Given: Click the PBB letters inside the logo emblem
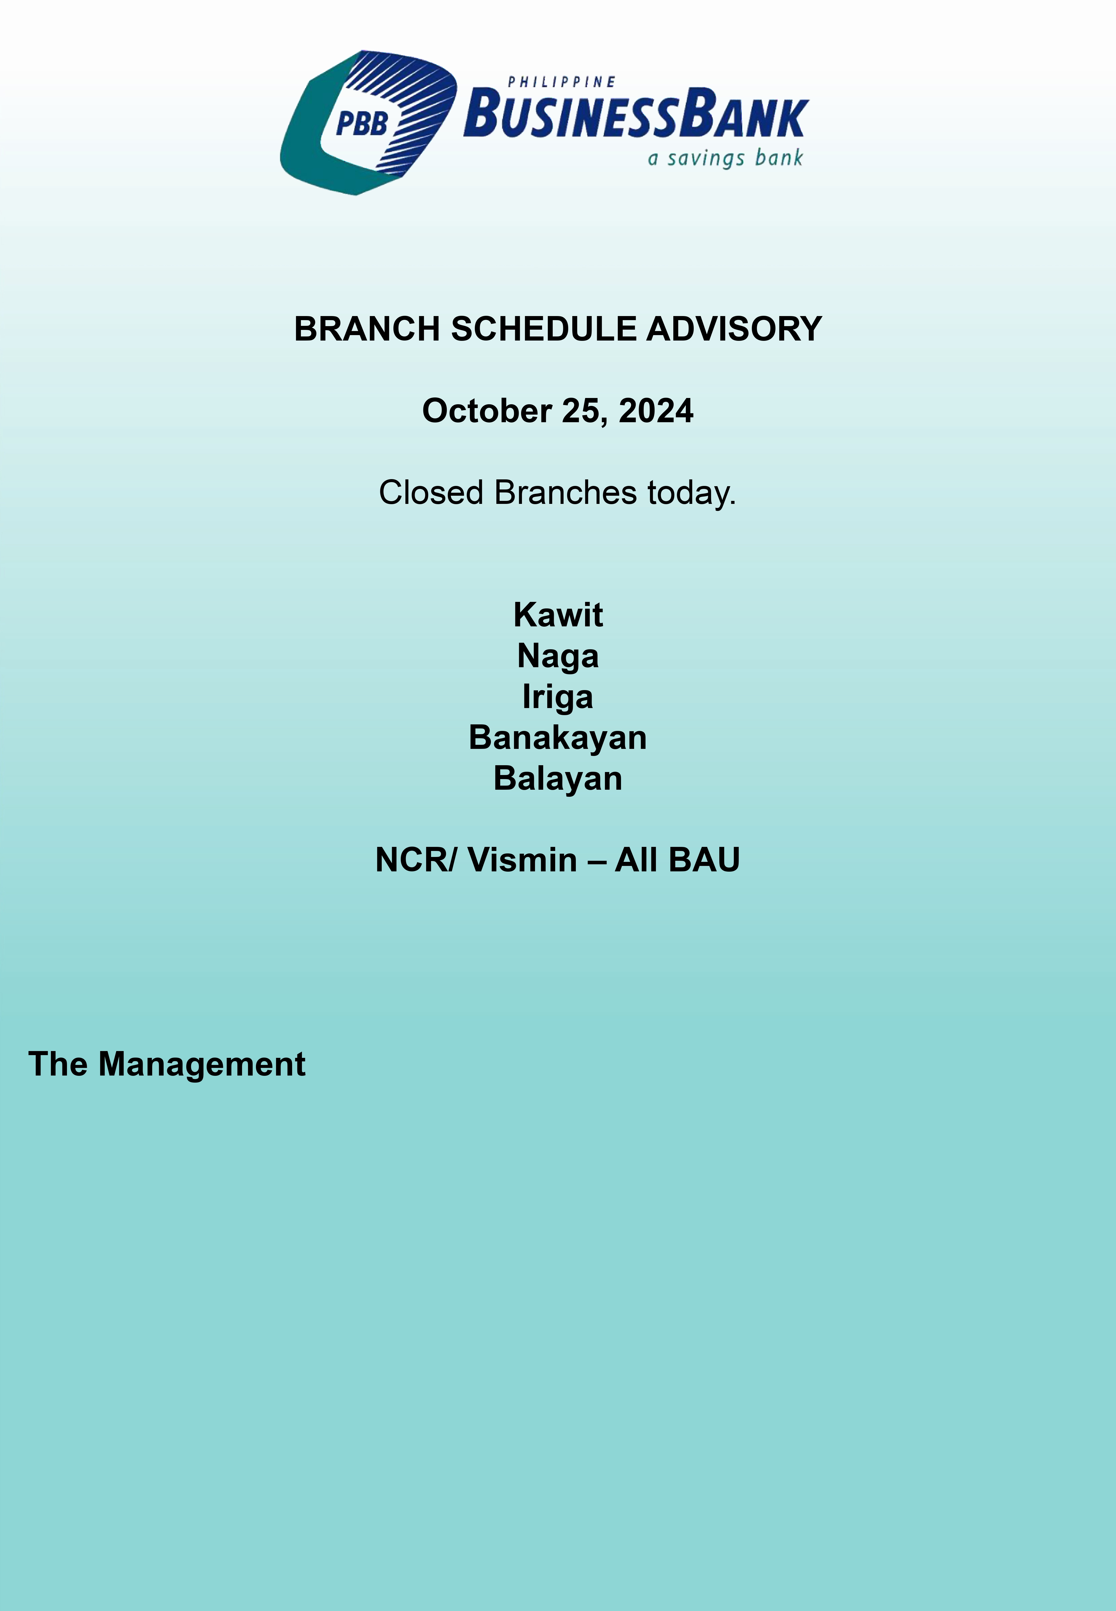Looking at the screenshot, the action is [x=362, y=124].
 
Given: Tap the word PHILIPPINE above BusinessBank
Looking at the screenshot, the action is [x=561, y=82].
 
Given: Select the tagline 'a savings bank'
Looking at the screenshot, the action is [x=725, y=158].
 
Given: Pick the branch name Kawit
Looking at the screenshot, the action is [x=558, y=615].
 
